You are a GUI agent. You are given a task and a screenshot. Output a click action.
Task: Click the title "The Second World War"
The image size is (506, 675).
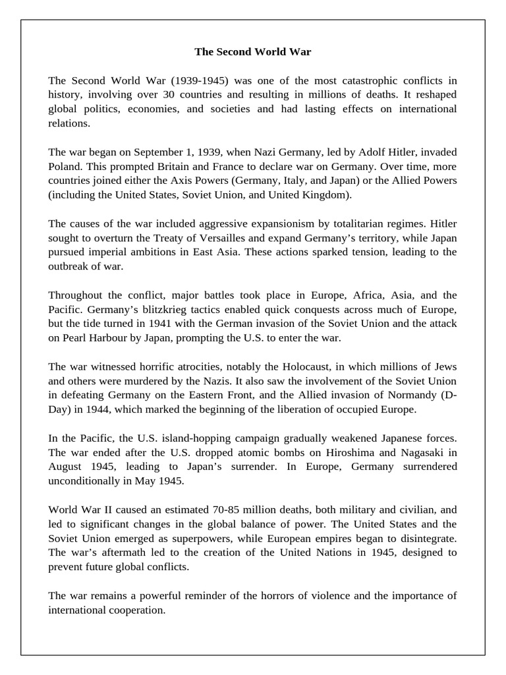point(252,51)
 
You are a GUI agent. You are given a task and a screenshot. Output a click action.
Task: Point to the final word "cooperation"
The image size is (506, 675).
point(132,610)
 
